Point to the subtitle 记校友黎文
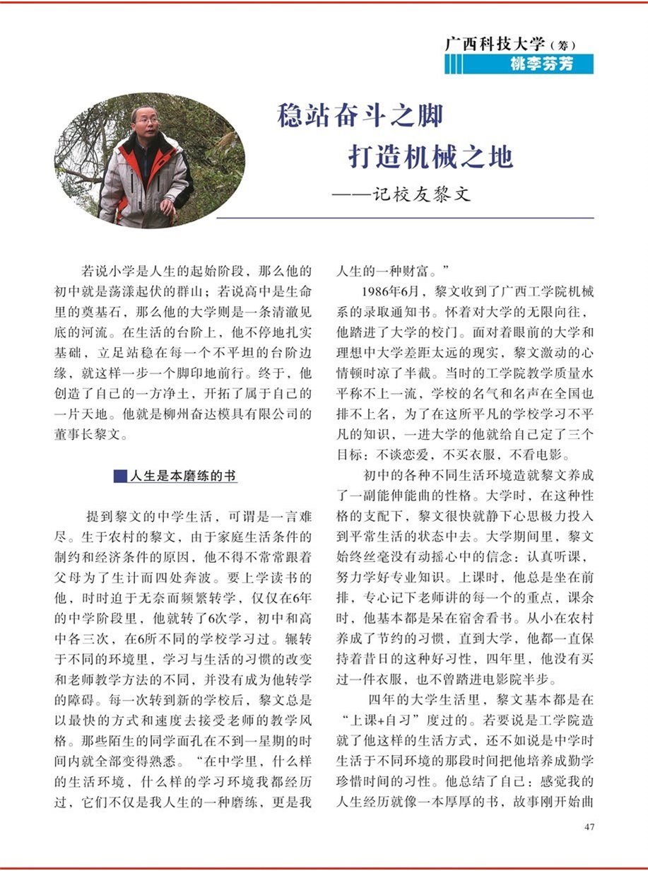click(x=421, y=194)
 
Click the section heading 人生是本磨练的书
click(x=182, y=477)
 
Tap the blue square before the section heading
click(x=119, y=477)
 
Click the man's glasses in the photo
click(x=147, y=121)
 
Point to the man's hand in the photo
click(x=167, y=207)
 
